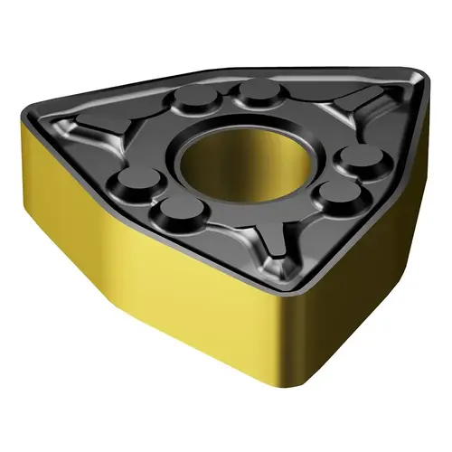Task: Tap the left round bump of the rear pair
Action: tap(193, 97)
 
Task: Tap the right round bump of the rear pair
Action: tap(257, 90)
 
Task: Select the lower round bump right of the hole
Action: tap(337, 191)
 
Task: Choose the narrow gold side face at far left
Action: tap(50, 181)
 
